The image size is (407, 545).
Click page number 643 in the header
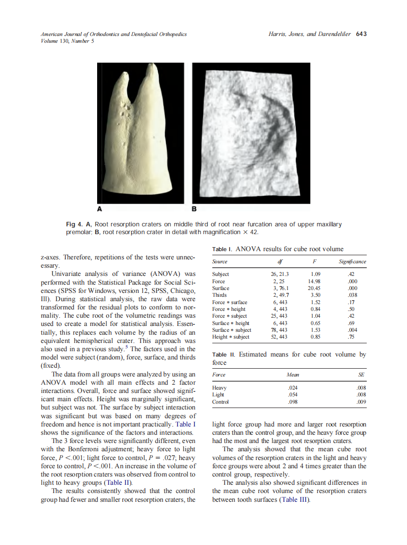(361, 34)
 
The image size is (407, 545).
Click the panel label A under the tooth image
(100, 209)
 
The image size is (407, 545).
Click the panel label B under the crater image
(194, 209)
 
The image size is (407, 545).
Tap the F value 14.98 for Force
(317, 281)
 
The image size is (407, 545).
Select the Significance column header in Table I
(352, 262)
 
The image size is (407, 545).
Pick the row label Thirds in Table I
(220, 295)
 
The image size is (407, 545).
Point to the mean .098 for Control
(292, 402)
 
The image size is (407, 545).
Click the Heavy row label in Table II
(220, 388)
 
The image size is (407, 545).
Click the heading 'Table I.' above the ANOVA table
(222, 249)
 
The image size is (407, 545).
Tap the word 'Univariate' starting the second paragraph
(68, 274)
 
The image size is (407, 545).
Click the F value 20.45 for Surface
(317, 288)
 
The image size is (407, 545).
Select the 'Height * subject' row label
(231, 337)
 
